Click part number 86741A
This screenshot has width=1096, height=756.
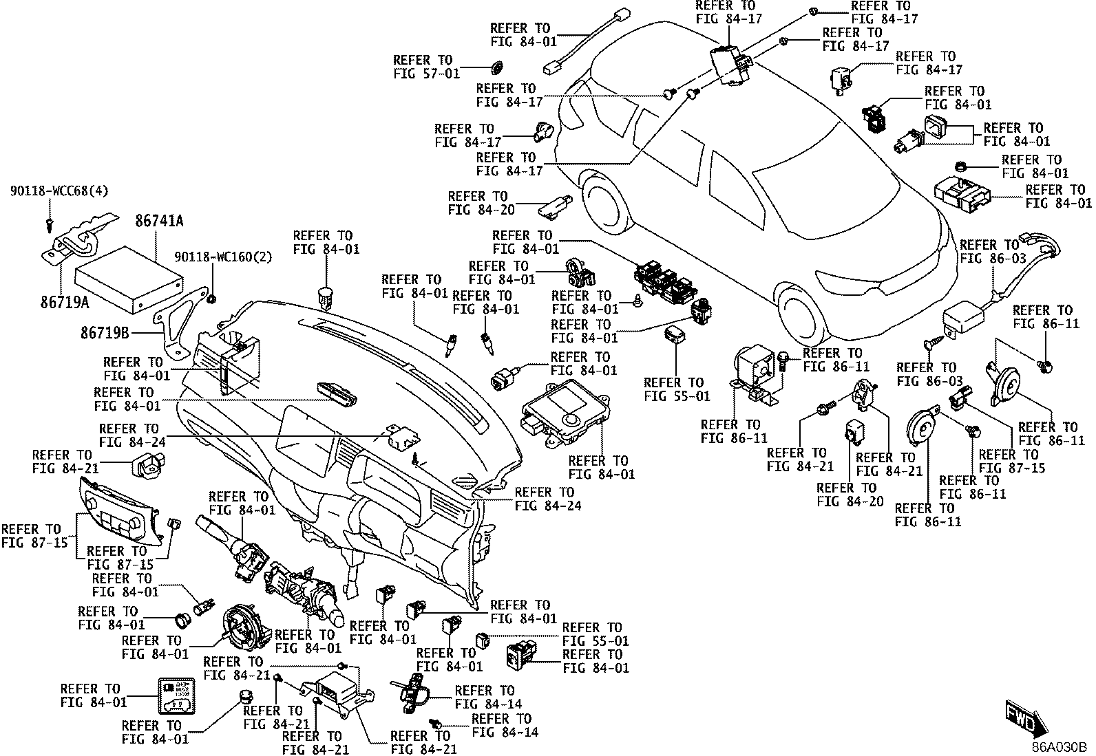(x=159, y=221)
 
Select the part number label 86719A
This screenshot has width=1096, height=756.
(x=65, y=302)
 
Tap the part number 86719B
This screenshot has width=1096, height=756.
(x=105, y=333)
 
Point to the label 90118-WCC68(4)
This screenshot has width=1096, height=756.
(x=59, y=191)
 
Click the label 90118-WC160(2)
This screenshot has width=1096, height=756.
(x=223, y=257)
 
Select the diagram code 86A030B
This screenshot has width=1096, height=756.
(x=1059, y=748)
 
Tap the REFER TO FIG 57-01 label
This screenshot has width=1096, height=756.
(x=426, y=67)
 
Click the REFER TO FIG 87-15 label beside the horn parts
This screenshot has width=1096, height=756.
(x=1011, y=462)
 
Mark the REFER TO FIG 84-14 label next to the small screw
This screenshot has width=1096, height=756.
(x=505, y=726)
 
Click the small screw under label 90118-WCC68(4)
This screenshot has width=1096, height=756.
(x=49, y=225)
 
